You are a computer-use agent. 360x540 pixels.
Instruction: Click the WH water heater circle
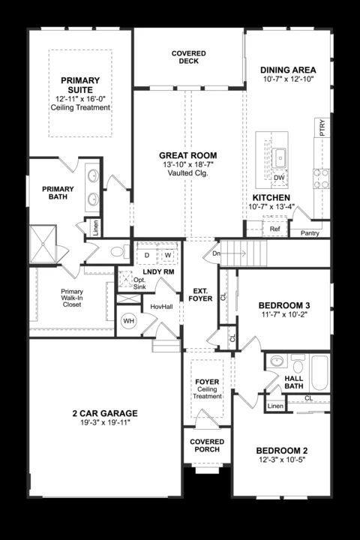129,320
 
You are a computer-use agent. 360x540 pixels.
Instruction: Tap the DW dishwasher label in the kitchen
279,178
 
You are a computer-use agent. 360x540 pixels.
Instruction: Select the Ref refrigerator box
274,228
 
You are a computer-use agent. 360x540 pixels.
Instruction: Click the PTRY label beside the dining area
322,127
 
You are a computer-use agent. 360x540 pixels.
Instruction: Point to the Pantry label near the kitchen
310,233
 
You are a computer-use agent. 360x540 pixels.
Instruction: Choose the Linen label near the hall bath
275,406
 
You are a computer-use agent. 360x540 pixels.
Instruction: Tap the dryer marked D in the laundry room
147,256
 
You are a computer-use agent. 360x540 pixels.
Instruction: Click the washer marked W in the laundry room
167,256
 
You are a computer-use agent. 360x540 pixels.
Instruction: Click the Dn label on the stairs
217,253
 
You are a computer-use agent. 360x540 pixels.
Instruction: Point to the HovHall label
161,307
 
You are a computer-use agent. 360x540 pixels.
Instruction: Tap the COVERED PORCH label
207,446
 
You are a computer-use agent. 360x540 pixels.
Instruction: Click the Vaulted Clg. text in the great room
188,174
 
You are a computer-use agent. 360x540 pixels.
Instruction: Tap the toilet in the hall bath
298,367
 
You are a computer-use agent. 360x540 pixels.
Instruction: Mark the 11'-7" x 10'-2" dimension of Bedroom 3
284,316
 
